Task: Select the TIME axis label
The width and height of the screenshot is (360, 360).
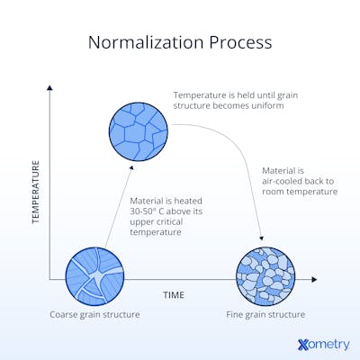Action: coord(174,294)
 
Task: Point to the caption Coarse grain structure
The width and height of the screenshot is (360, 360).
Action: coord(95,315)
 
